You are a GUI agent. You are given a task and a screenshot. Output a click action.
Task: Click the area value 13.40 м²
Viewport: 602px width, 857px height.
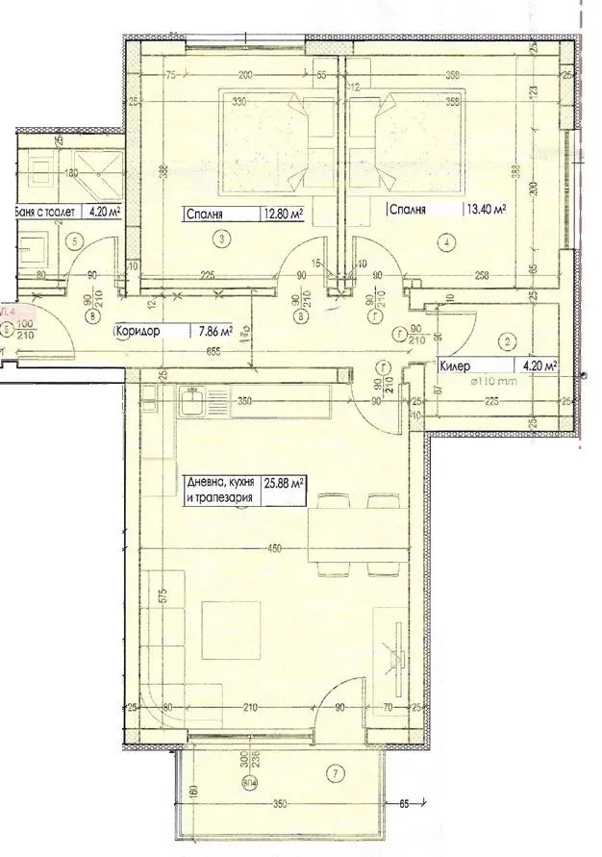click(487, 209)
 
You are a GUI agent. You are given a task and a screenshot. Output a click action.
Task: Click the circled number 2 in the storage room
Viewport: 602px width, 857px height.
click(507, 340)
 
